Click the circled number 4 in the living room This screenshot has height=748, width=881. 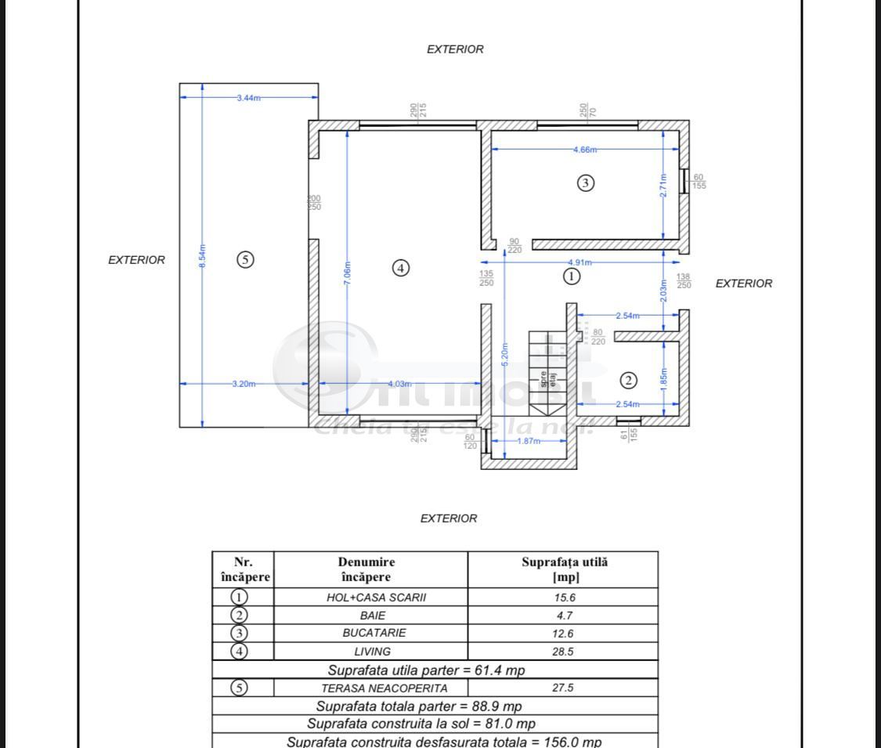tap(400, 268)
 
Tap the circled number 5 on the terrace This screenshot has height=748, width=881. tap(245, 259)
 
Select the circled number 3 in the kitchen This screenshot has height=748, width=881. tap(586, 182)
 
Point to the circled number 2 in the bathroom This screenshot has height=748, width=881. tap(628, 381)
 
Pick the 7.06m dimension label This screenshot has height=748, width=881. tap(348, 274)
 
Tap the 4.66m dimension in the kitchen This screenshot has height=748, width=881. tap(584, 150)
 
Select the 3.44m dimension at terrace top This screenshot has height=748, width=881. tap(249, 97)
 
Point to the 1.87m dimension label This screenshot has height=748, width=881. tap(529, 441)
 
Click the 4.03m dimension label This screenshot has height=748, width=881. tap(399, 384)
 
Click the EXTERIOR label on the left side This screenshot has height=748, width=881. tap(136, 260)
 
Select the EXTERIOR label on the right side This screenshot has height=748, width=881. tap(743, 284)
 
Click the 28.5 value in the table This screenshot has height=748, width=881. tap(563, 651)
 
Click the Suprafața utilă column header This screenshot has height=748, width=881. tap(564, 569)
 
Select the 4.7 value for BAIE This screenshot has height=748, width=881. tap(563, 615)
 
